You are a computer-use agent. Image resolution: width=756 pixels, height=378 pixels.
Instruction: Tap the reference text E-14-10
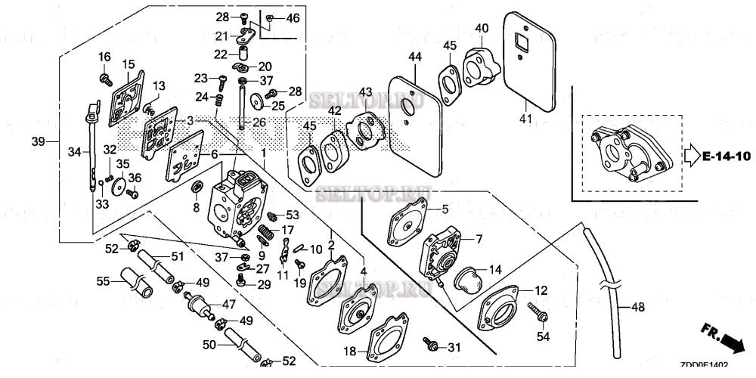(x=726, y=156)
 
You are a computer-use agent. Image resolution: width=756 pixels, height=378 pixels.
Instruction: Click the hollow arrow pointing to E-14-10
(x=690, y=156)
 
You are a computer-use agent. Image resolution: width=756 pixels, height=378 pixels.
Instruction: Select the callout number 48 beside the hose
(x=638, y=308)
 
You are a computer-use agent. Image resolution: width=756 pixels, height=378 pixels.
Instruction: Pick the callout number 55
(x=103, y=281)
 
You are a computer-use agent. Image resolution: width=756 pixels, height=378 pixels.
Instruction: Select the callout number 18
(x=350, y=351)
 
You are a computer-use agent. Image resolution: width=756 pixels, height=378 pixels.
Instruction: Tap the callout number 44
(x=415, y=57)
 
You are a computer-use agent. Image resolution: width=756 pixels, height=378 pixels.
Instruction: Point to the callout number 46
(x=293, y=17)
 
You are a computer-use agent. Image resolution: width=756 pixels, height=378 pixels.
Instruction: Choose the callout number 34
(x=73, y=152)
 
